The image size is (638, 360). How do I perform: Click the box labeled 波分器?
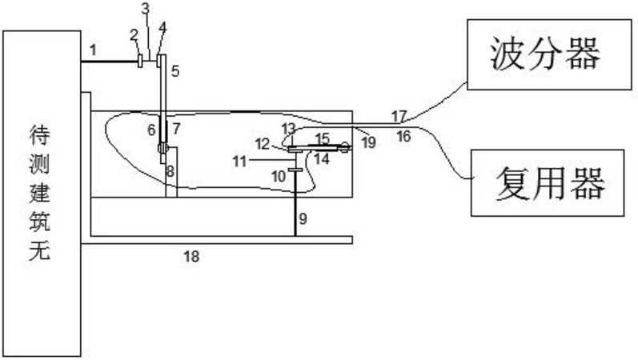549,54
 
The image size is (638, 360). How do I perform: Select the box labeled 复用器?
548,182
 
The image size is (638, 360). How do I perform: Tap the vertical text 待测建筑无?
40,193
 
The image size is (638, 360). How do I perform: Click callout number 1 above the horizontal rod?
93,50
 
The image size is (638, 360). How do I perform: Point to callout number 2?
134,35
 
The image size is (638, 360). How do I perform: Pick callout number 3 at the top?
145,9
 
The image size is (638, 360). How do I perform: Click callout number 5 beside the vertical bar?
175,71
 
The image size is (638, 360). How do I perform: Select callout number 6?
151,130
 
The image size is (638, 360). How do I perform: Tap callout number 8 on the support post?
171,171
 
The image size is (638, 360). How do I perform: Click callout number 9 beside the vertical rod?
303,219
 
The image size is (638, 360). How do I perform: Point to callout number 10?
279,177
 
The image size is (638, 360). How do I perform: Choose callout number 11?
239,162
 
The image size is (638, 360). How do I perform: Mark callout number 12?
263,143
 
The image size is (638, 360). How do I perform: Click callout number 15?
322,138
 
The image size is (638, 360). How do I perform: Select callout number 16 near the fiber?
403,136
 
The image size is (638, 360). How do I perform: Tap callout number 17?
399,117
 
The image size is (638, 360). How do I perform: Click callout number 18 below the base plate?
191,256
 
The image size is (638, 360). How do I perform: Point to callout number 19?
369,142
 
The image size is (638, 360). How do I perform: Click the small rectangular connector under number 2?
140,61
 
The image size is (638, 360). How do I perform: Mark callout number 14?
322,158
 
